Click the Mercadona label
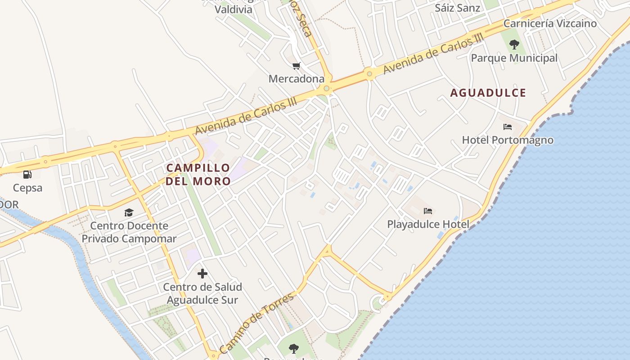[x=296, y=79]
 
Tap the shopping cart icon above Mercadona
[x=296, y=66]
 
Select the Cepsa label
[x=27, y=188]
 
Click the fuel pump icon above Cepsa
[x=27, y=174]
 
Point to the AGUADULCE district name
[x=488, y=93]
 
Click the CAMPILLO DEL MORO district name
[x=198, y=175]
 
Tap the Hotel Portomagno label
[x=508, y=140]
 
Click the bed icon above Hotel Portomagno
[x=508, y=127]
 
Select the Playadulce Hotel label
[x=428, y=224]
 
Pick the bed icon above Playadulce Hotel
[x=427, y=211]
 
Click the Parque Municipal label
[x=514, y=58]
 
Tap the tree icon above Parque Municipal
[x=514, y=45]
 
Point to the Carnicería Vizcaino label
[x=550, y=23]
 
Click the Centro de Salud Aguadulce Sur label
[x=202, y=293]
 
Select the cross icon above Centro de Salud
[x=202, y=273]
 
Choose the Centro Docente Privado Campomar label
[x=129, y=232]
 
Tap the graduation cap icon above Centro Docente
[x=129, y=212]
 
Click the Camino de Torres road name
[x=256, y=323]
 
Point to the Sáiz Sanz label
[x=457, y=8]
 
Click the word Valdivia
[x=233, y=9]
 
